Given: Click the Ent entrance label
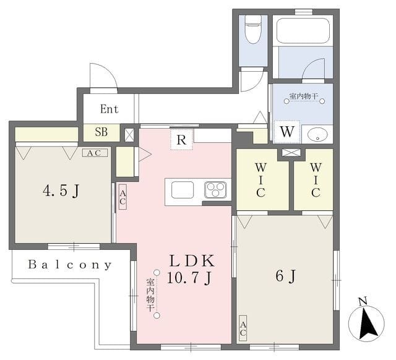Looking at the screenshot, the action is [x=109, y=109].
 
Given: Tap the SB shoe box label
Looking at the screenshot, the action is [x=101, y=132].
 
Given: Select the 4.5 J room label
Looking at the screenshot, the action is [x=61, y=191].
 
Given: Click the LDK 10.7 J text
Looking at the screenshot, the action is [x=191, y=269].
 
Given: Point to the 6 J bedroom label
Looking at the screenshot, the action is [x=285, y=276].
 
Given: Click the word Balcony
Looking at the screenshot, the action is [x=70, y=265].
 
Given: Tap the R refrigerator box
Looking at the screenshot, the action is [x=181, y=139].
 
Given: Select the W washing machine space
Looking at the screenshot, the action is [x=287, y=132].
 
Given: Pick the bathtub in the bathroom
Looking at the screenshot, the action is [x=303, y=30].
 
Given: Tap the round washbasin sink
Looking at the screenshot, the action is [x=317, y=134].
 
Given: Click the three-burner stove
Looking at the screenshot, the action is [x=215, y=190].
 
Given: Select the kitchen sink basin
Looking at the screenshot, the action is [x=183, y=190].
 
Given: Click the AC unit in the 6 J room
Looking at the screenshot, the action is [x=243, y=328].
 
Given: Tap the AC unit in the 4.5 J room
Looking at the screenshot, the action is [x=95, y=153].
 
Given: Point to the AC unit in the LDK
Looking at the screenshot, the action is [x=123, y=197].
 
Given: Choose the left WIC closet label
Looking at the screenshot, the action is [x=260, y=180].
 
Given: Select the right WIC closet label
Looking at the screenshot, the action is [x=316, y=180].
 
